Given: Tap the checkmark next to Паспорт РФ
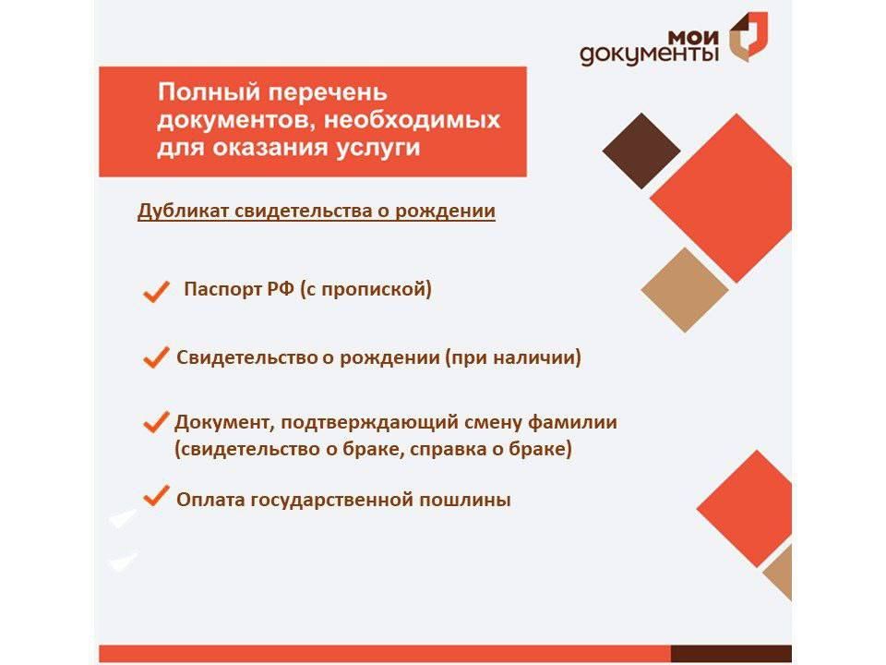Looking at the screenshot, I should pos(156,293).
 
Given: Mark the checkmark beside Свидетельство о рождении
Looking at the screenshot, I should pos(156,358).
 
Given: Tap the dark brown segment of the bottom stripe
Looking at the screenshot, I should pos(730,653).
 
